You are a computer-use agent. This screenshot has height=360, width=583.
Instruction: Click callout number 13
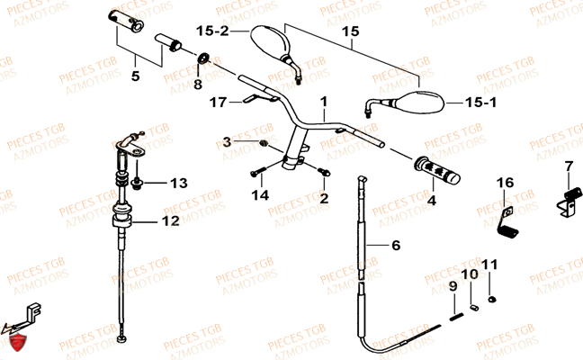coord(178,184)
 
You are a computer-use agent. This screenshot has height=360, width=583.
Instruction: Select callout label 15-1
coord(480,103)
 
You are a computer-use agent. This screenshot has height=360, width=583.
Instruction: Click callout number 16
coord(506,183)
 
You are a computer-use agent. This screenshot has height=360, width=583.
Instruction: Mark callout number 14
coord(260,194)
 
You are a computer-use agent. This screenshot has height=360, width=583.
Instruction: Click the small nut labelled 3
coord(262,144)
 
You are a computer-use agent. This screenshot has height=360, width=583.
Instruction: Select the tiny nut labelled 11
coord(492,299)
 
